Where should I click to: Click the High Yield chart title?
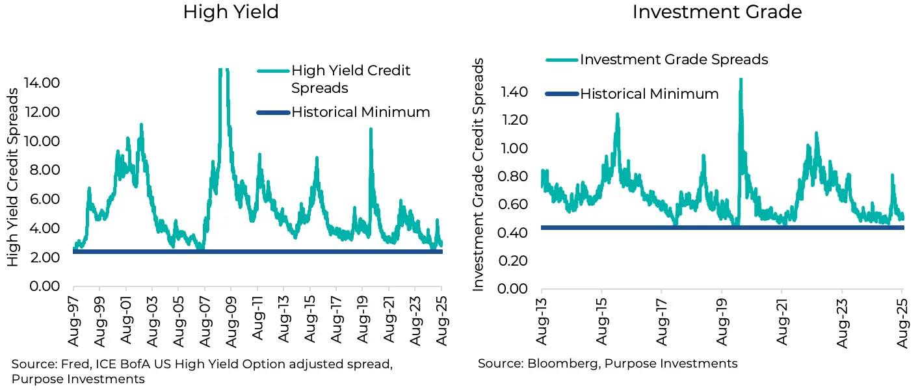click(x=231, y=12)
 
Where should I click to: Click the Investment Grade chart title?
click(x=717, y=12)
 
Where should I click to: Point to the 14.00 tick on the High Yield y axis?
click(x=42, y=82)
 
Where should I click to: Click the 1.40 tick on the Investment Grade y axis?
click(x=514, y=92)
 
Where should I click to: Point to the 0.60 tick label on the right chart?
click(x=514, y=204)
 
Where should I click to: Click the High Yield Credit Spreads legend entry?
click(x=350, y=79)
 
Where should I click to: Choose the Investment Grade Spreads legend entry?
click(x=674, y=60)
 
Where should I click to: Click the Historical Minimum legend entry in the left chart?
click(x=360, y=112)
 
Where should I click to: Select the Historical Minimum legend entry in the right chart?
click(x=649, y=94)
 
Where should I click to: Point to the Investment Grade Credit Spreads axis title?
click(x=479, y=174)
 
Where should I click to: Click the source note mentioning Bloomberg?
click(x=607, y=364)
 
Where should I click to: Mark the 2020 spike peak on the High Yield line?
click(x=371, y=129)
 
